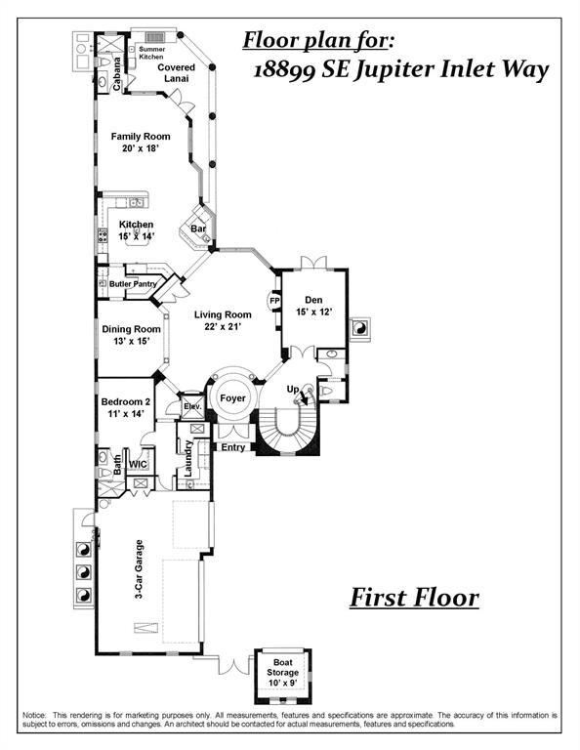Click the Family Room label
tap(141, 143)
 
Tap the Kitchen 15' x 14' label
tap(137, 230)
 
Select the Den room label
tap(314, 306)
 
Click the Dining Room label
tap(131, 336)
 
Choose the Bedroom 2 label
tap(126, 408)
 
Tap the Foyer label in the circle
tap(232, 399)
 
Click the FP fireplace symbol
tap(274, 301)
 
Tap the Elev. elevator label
tap(192, 405)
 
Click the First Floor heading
tap(414, 598)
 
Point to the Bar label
tap(197, 229)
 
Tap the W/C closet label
tap(138, 465)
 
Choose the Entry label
tap(233, 447)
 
